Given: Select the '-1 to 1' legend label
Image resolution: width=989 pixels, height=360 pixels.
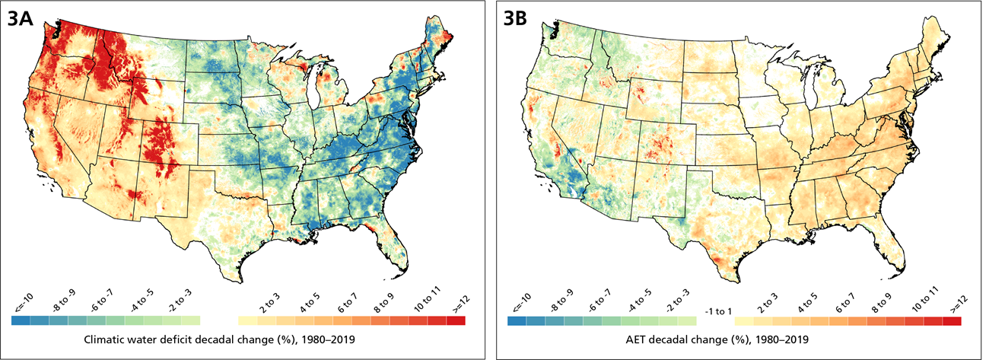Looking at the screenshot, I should coord(716,311).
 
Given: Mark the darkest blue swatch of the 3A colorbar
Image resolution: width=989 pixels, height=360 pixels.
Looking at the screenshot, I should coord(21,321).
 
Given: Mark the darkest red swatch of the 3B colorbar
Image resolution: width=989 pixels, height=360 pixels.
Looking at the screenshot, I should coord(952,321).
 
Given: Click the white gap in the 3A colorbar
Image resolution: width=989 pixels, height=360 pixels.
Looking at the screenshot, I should coord(219,321).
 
